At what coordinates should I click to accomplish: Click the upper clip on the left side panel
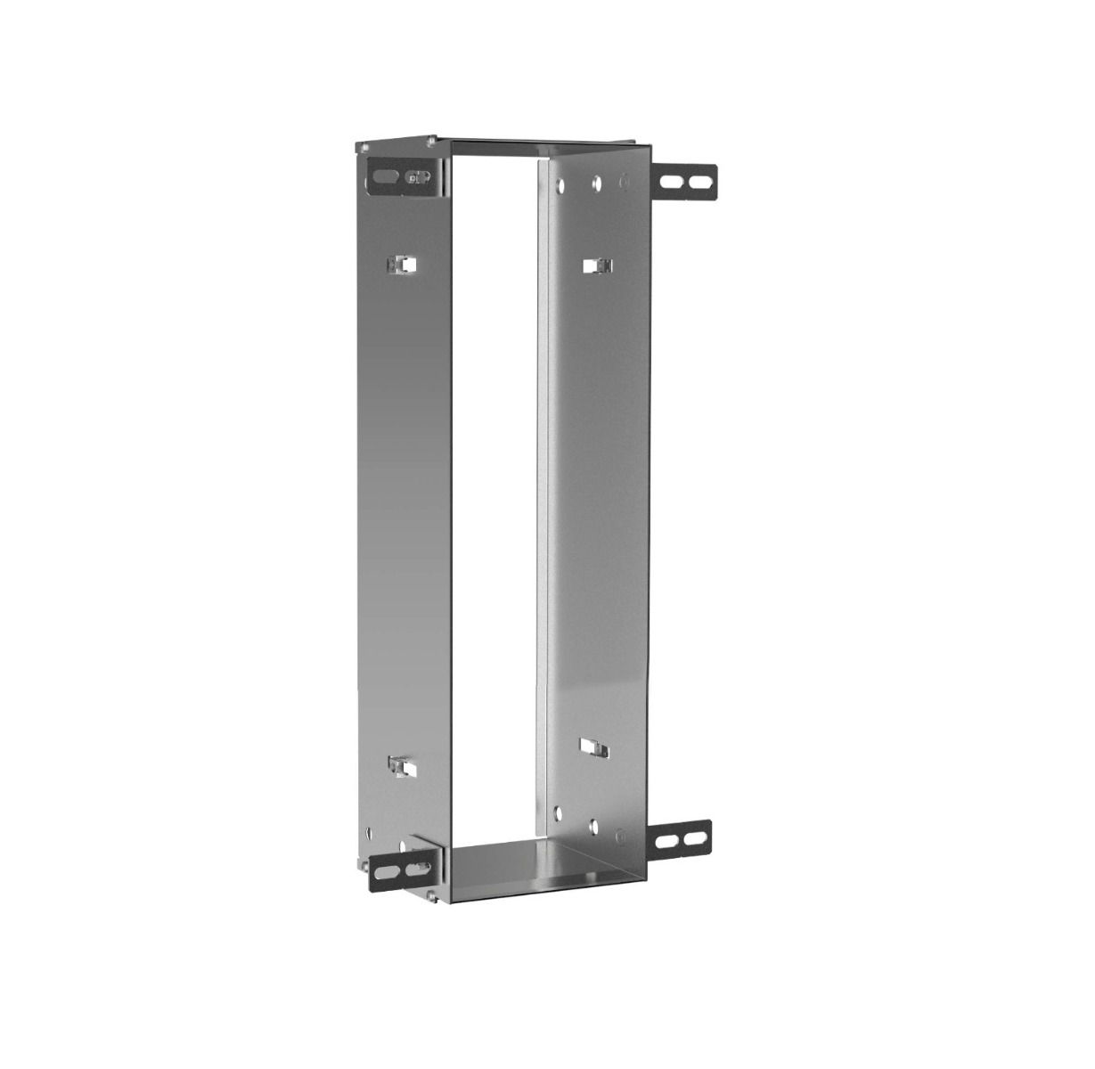(x=404, y=265)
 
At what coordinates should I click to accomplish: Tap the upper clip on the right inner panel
(x=597, y=265)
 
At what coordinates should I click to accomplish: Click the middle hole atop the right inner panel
(x=595, y=186)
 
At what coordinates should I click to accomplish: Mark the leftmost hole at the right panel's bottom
(x=558, y=812)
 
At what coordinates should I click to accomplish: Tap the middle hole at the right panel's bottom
(x=592, y=825)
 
